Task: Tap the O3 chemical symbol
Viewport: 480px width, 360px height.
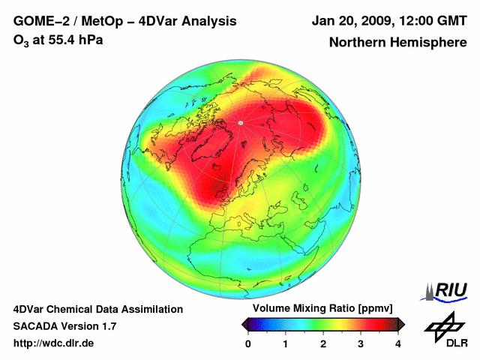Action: pos(21,40)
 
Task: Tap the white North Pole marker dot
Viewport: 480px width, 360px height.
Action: pos(240,122)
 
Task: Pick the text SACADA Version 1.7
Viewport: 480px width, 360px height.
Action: pos(64,326)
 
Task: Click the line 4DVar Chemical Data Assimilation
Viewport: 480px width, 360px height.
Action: pos(98,309)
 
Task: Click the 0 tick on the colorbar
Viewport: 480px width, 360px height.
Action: pos(248,343)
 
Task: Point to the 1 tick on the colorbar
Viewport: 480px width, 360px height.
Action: pos(286,343)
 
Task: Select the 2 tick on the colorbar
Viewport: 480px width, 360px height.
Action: pos(323,343)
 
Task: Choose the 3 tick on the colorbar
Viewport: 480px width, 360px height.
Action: pos(361,343)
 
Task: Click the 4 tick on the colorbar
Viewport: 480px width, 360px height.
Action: pos(398,343)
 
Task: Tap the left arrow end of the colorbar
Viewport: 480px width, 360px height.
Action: pos(244,324)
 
